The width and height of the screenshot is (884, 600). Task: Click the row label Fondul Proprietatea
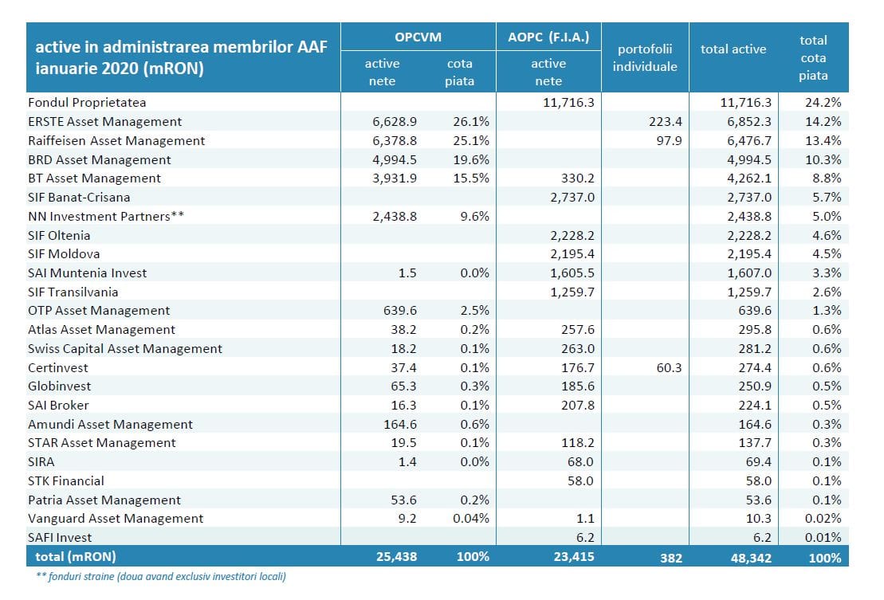(87, 103)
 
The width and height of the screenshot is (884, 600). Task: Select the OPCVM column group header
(418, 37)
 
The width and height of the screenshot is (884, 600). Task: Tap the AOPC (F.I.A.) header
(548, 37)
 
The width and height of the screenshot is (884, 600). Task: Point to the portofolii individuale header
(645, 57)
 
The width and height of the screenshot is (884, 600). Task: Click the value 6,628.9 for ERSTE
(395, 122)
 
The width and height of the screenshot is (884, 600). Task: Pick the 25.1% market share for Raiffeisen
(471, 141)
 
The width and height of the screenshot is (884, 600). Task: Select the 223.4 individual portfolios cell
(666, 122)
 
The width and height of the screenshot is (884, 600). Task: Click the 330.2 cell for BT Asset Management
(578, 178)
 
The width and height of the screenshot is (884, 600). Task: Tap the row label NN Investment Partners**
(106, 217)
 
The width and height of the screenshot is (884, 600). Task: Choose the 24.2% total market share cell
(823, 103)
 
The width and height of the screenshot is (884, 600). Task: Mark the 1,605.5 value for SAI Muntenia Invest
(572, 273)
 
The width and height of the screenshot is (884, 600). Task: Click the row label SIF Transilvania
(73, 292)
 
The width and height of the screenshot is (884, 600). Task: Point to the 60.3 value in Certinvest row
(670, 368)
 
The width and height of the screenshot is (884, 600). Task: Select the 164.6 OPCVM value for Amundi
(400, 424)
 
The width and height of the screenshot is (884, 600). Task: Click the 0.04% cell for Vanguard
(471, 518)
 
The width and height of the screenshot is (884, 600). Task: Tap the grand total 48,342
(750, 558)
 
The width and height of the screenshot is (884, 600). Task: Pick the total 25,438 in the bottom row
(396, 557)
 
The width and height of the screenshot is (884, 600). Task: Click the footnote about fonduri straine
(161, 576)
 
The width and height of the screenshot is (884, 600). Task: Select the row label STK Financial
(66, 481)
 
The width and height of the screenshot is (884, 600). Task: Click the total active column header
(733, 49)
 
